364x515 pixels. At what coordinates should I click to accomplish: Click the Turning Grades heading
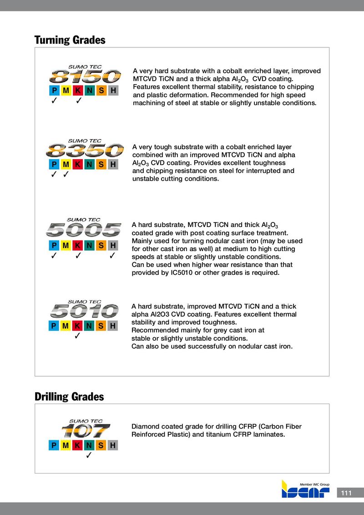pos(70,40)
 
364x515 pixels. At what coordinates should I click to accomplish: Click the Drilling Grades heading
pos(69,397)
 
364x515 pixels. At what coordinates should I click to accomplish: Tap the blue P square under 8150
pos(54,90)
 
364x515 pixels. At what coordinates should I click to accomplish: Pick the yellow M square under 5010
pos(66,326)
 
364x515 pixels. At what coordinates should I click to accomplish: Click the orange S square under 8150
pos(101,90)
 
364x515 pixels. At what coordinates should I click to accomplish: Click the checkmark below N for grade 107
pos(89,456)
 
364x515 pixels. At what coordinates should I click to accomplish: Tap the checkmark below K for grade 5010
pos(78,337)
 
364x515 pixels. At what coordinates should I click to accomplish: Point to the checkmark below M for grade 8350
pos(66,174)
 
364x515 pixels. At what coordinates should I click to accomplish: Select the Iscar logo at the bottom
pos(305,490)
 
